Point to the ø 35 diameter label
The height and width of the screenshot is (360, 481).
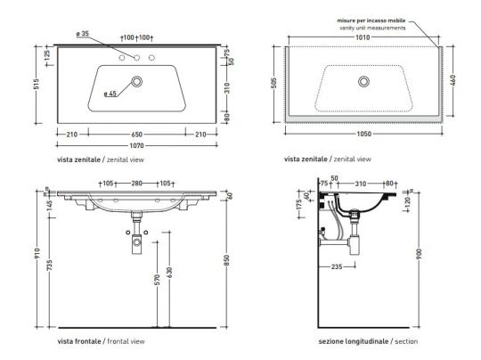pos(83,35)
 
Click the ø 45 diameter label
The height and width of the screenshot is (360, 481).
pos(110,93)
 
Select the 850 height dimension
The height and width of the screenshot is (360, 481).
pos(230,260)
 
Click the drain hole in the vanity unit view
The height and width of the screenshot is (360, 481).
pos(363,82)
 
